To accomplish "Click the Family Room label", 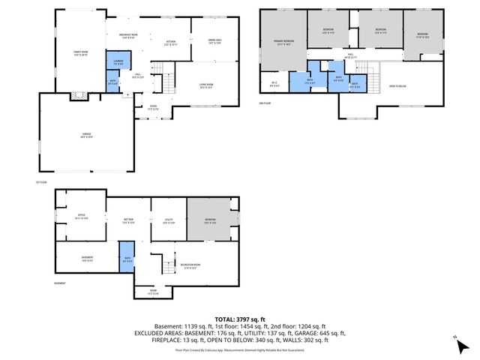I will pos(81,52).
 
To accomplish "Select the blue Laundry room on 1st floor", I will pos(118,61).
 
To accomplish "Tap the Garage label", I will pos(87,134).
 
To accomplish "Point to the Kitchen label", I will pos(171,43).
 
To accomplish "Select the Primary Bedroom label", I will pos(283,44).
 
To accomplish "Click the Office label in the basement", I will pos(81,217).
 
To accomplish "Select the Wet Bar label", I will pos(127,220).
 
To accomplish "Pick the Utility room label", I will pos(169,221).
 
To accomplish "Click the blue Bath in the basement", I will pos(125,259).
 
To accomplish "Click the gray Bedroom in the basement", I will pos(210,220).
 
